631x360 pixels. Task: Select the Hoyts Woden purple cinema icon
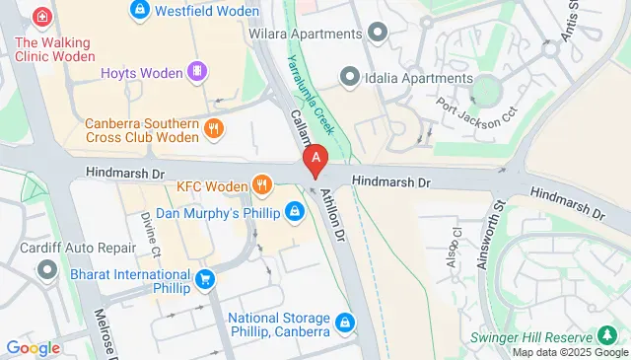point(198,71)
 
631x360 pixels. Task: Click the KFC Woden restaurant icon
point(261,184)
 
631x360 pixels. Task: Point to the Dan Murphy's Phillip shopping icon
point(294,211)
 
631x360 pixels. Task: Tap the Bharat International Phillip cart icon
point(204,280)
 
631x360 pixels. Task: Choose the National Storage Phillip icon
point(344,322)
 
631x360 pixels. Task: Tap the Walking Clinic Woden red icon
point(41,17)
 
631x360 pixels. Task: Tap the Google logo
point(33,347)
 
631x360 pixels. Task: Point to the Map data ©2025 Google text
point(569,352)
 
